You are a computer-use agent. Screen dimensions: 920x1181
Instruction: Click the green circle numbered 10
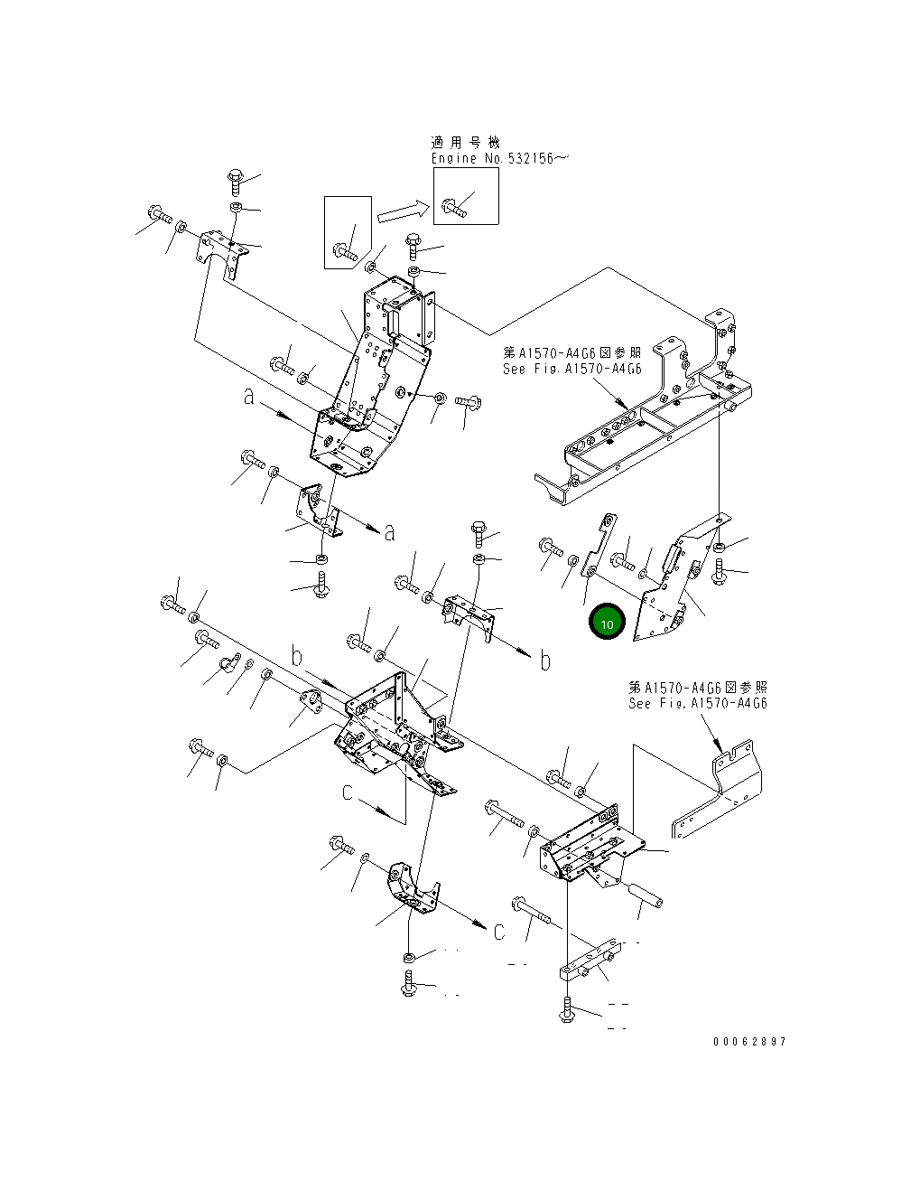[x=607, y=621]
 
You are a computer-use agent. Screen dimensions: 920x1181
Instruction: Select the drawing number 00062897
[x=749, y=1041]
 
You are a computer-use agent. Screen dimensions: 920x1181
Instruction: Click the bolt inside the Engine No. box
[x=454, y=208]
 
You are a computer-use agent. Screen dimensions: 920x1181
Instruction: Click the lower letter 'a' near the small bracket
[x=389, y=532]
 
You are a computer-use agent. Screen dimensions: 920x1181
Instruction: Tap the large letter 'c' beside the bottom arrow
[x=499, y=931]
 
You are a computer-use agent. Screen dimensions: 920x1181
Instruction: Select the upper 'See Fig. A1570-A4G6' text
[x=572, y=369]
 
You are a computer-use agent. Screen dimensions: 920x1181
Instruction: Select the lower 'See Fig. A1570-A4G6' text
[x=698, y=703]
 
